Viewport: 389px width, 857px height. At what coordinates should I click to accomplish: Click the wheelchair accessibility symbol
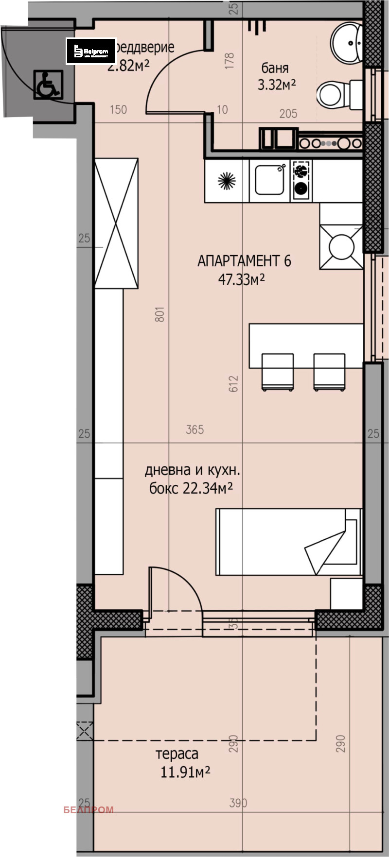48,85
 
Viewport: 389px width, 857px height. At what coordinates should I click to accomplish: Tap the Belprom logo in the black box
91,51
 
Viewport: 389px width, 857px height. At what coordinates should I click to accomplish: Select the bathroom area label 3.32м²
277,86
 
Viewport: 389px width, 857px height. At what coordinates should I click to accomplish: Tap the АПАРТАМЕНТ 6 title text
244,261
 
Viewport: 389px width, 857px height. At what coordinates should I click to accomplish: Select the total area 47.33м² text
241,279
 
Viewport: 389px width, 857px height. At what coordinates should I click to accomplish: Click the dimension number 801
160,314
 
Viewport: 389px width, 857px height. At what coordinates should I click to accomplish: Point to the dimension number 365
194,429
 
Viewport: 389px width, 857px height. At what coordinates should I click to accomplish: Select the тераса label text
177,754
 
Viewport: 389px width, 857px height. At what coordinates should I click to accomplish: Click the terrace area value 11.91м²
185,772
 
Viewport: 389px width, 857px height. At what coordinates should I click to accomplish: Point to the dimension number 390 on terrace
238,803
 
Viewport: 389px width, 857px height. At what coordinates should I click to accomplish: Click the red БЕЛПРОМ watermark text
88,810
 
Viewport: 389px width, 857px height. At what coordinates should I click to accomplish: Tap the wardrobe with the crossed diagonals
116,223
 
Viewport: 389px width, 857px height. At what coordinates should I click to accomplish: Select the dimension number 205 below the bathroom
288,114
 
